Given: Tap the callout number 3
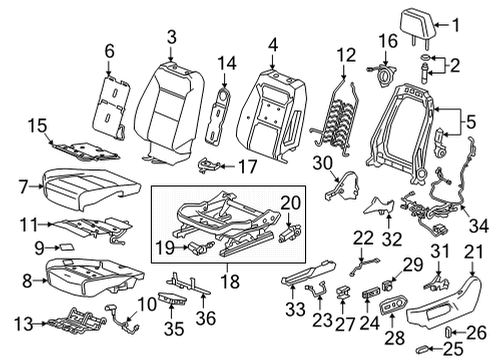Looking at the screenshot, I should coord(171,37).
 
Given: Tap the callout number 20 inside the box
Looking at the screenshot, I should coord(291,202).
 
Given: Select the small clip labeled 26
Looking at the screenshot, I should coord(449,330).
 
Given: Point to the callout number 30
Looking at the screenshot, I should coord(321,164).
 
